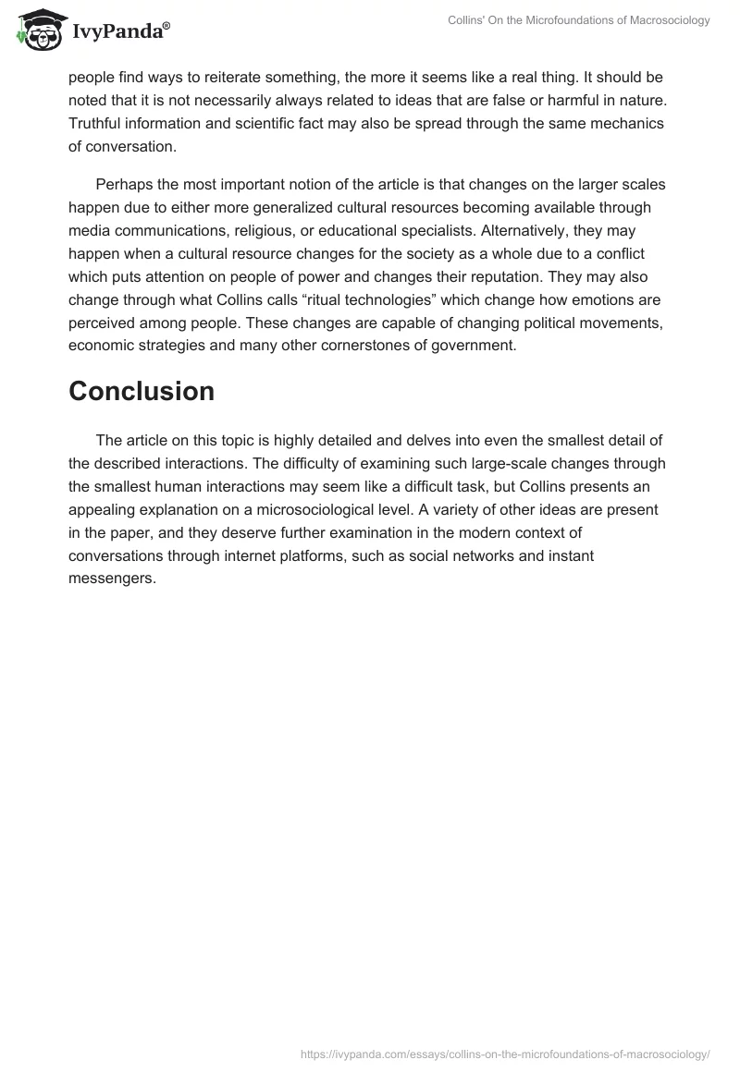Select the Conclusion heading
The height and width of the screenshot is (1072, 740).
[x=142, y=391]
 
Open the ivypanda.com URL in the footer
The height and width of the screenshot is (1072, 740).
[x=506, y=1053]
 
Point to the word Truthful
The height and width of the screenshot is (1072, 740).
[x=98, y=124]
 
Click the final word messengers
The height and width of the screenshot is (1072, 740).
[x=112, y=579]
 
